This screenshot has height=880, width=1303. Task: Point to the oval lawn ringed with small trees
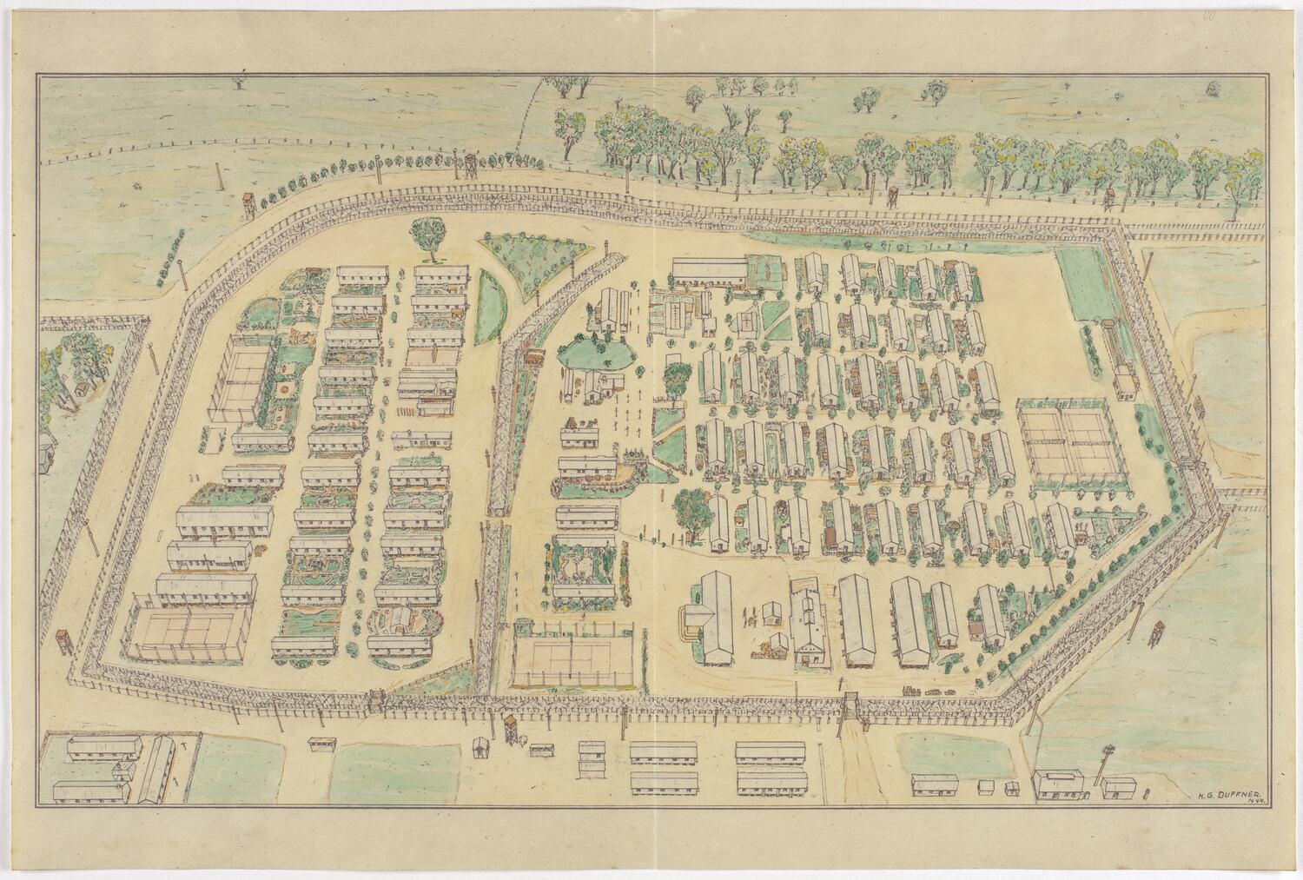pos(593,351)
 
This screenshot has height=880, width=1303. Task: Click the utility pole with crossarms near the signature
pos(1104,764)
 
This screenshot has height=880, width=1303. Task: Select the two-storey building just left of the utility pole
pos(1059,784)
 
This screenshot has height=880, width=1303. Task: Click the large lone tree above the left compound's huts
pos(427,236)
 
